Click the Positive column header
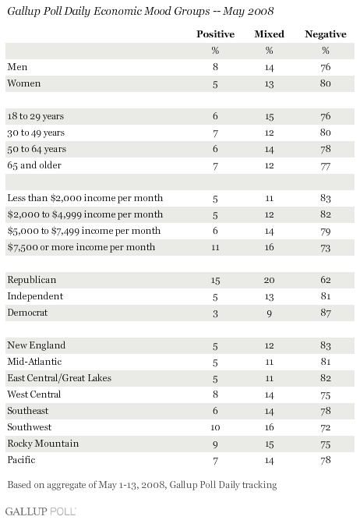216,34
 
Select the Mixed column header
269,34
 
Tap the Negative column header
326,34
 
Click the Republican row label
32,280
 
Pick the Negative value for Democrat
326,313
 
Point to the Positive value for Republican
216,280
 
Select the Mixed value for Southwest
269,427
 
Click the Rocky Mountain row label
43,444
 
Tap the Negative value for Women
326,83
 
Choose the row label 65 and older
34,165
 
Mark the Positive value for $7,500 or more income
216,247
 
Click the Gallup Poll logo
41,511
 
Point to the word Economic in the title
114,11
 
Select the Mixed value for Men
269,67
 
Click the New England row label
37,345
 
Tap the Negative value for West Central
326,394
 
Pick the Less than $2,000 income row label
85,198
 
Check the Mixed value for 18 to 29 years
269,116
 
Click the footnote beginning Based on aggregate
142,485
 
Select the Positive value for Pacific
216,460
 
